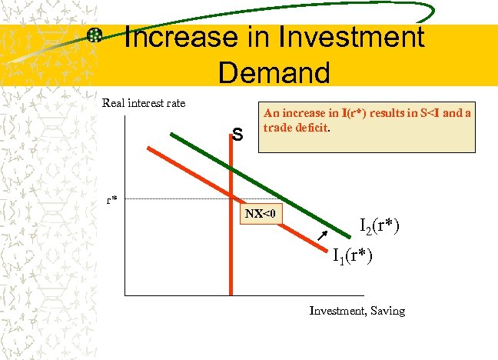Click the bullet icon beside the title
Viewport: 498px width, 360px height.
point(95,35)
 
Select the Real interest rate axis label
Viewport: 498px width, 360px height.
point(144,103)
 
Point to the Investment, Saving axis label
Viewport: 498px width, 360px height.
point(357,311)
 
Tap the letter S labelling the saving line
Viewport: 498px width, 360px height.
point(238,135)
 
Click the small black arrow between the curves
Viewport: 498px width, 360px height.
point(323,235)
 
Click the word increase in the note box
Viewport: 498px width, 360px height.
point(301,113)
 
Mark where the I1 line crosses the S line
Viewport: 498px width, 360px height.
point(231,194)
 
